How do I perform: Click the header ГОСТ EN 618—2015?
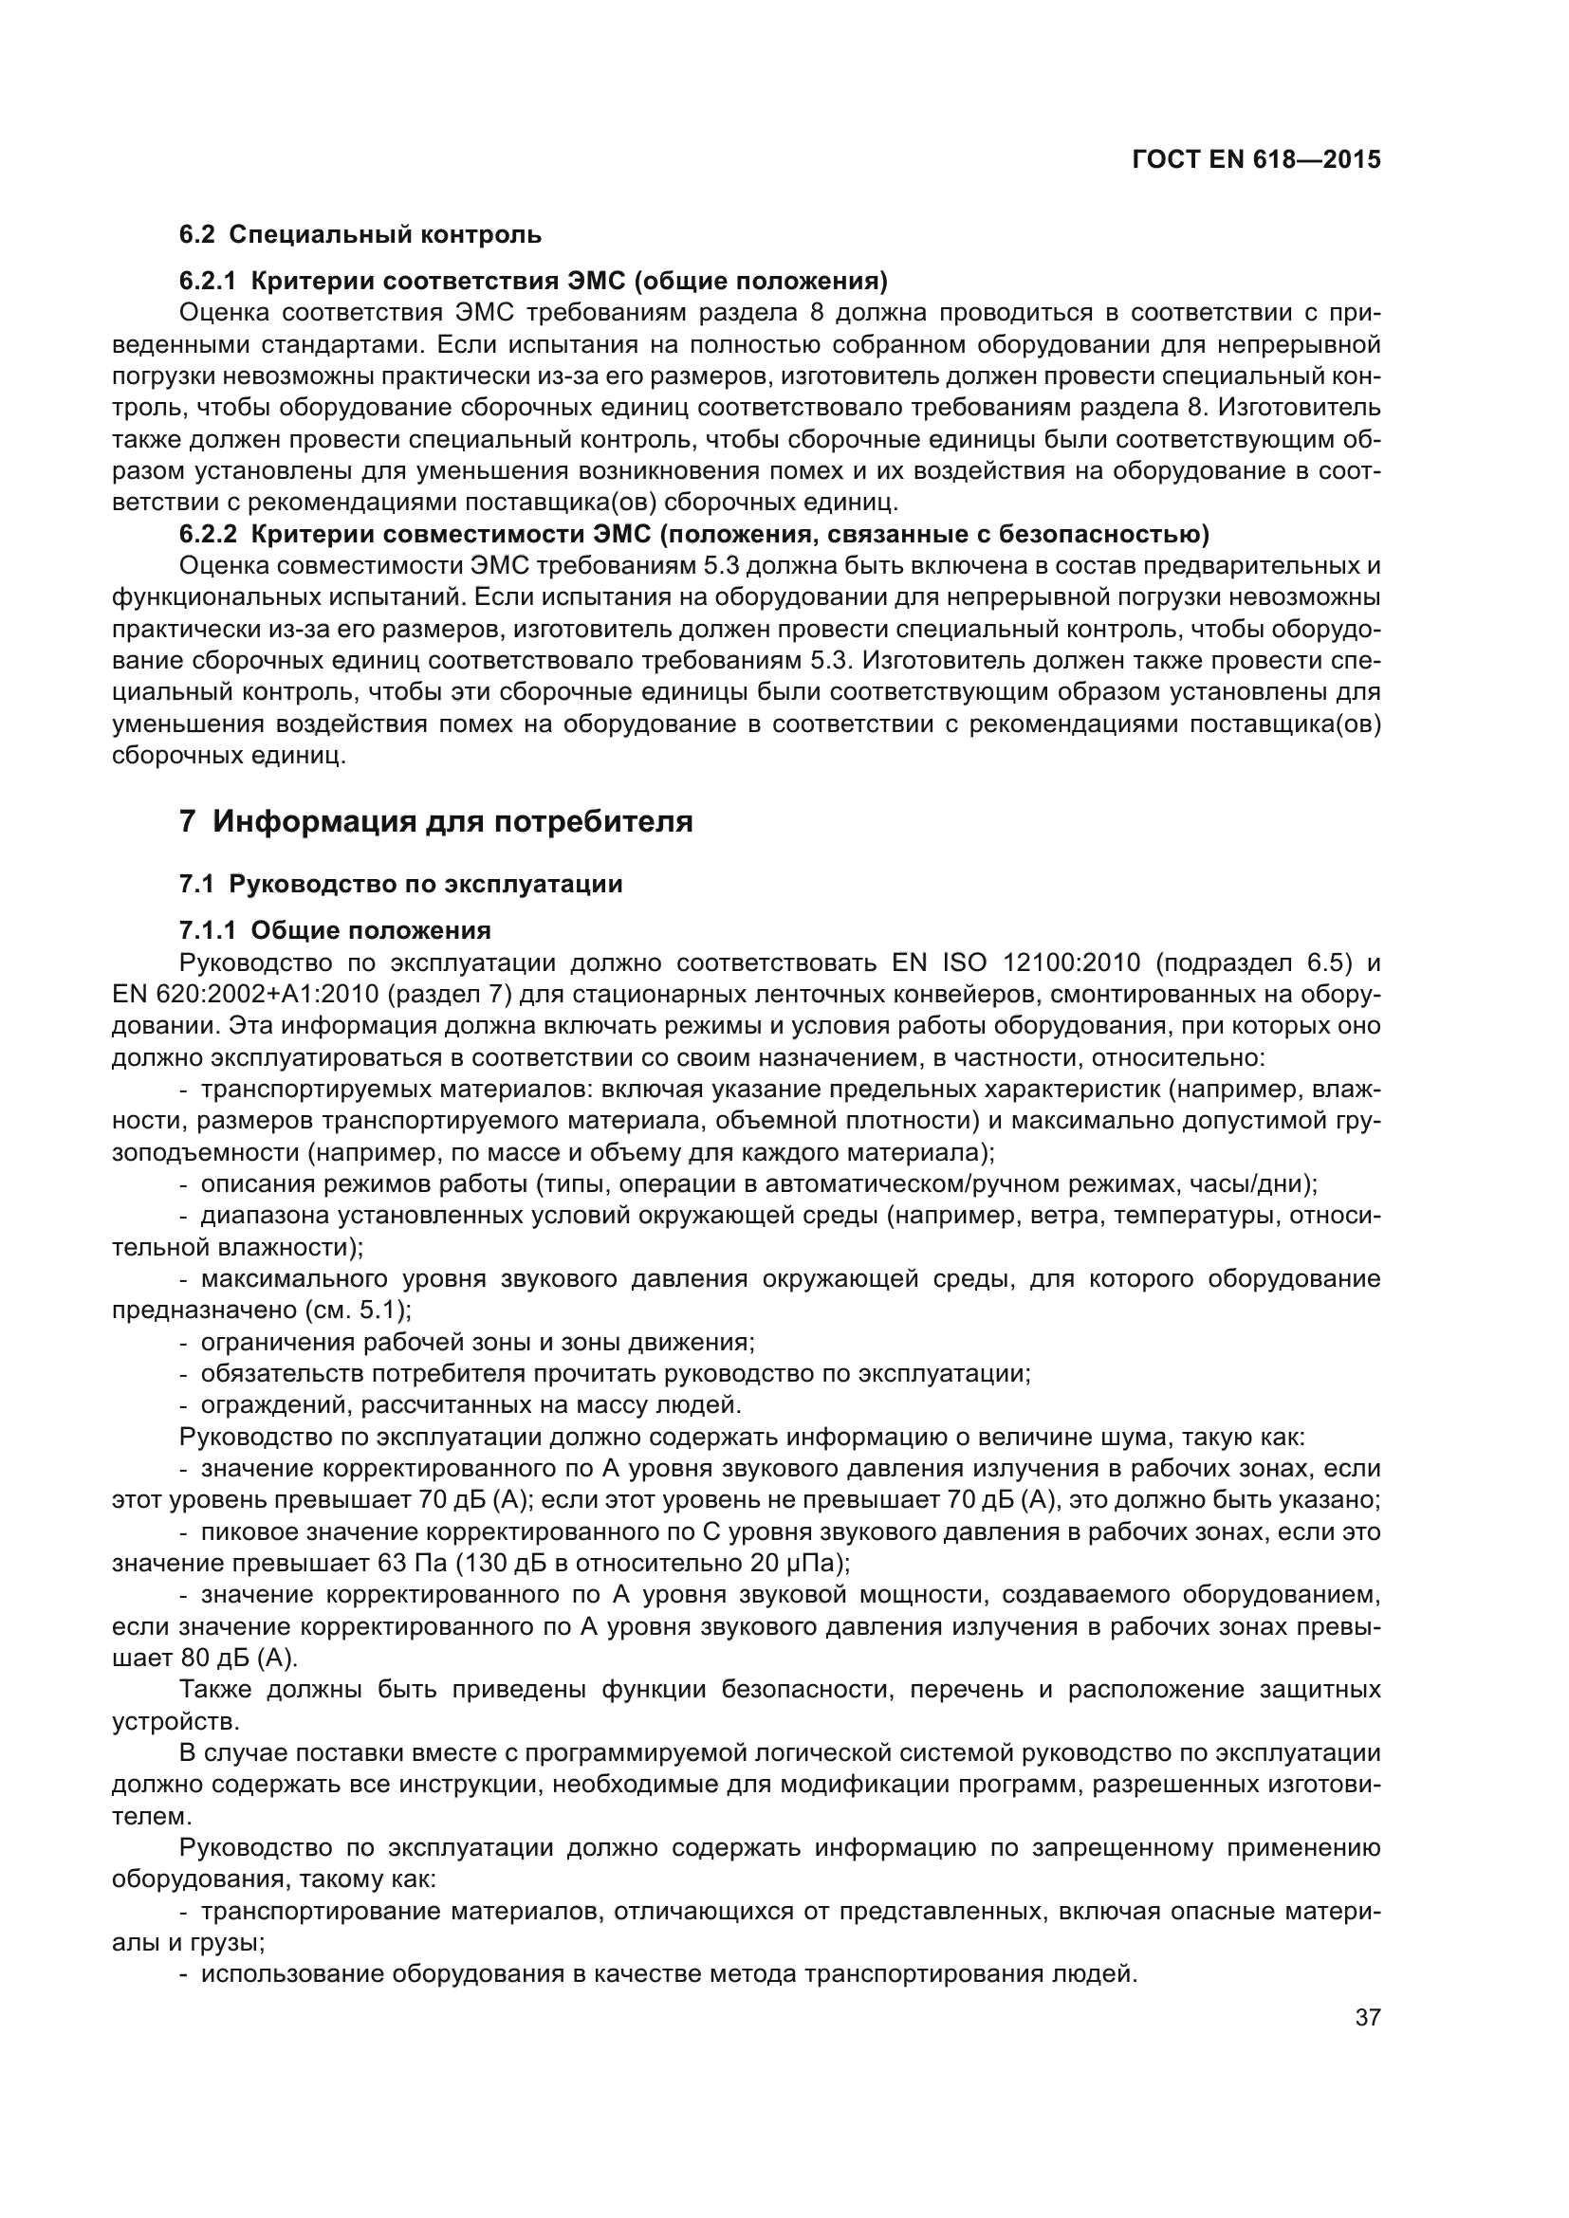(x=1255, y=159)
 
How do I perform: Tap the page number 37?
(x=1367, y=2018)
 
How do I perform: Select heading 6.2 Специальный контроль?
(x=360, y=235)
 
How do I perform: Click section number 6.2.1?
(x=208, y=281)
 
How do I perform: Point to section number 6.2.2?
(x=208, y=534)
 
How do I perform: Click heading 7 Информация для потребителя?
(x=435, y=822)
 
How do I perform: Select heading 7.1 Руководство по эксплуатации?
(x=401, y=884)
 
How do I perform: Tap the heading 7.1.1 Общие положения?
(x=335, y=930)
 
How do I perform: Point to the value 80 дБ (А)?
(x=238, y=1658)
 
